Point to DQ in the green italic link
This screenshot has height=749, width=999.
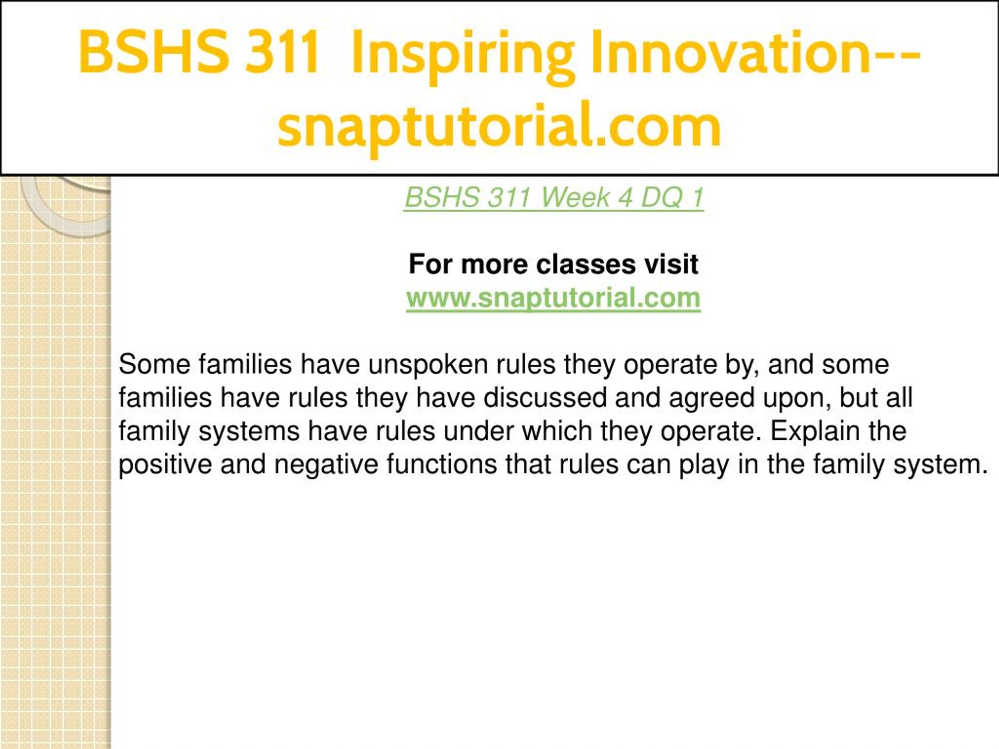coord(661,197)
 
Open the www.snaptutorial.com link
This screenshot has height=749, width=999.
coord(553,298)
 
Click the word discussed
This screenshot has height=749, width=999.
coord(545,398)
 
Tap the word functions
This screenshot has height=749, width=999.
coord(442,465)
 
